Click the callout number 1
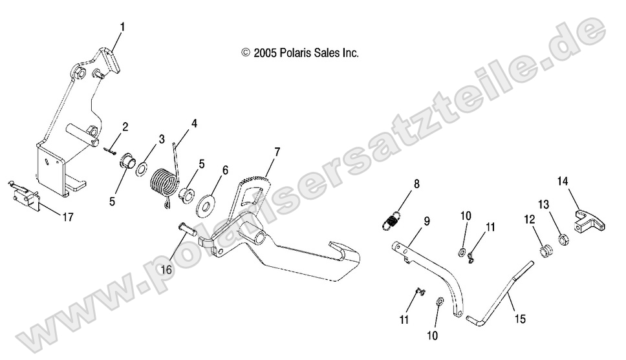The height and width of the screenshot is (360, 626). click(x=123, y=27)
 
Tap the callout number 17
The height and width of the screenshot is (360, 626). click(x=68, y=217)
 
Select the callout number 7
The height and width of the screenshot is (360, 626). click(x=277, y=152)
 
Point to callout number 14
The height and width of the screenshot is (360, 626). click(x=563, y=181)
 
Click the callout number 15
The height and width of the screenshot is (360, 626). click(x=520, y=319)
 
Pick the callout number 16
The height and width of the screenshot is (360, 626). click(x=166, y=270)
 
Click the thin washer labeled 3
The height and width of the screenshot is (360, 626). click(x=142, y=169)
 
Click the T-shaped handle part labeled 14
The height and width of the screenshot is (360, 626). click(x=590, y=222)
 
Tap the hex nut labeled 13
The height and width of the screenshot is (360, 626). click(x=563, y=240)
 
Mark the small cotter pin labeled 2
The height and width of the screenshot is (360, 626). click(x=109, y=150)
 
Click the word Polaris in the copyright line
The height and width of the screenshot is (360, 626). click(x=296, y=53)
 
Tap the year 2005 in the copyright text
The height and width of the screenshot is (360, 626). click(x=265, y=53)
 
